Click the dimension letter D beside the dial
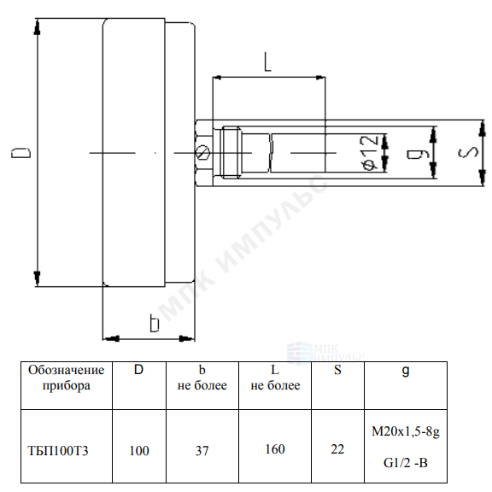(x=21, y=153)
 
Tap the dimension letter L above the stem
(x=267, y=61)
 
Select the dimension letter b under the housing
(x=155, y=323)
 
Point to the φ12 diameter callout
(x=370, y=153)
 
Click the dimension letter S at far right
(x=468, y=153)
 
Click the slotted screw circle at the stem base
(x=203, y=153)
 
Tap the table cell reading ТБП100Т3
(x=58, y=451)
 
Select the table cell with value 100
(x=139, y=451)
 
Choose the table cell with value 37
(x=202, y=451)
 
